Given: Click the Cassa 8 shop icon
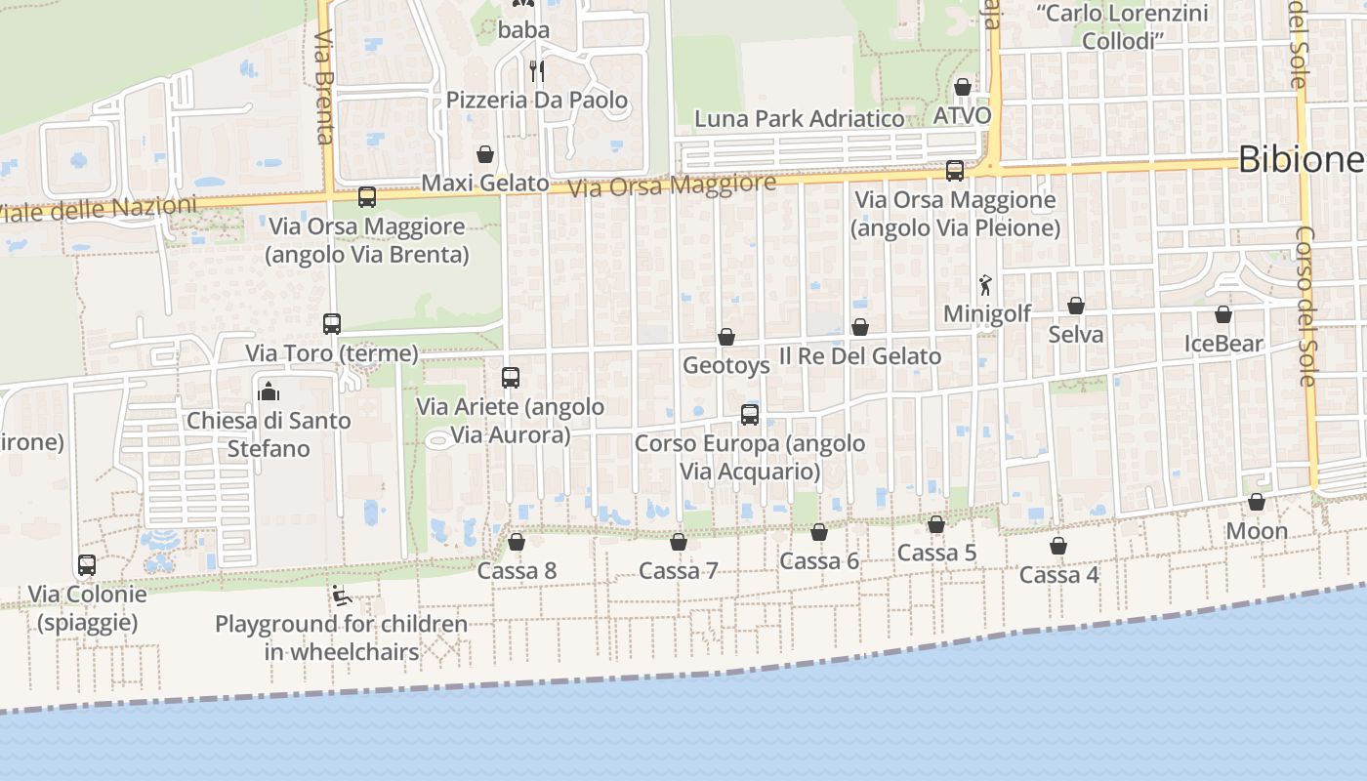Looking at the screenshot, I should click(517, 542).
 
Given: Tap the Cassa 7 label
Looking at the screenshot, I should click(679, 570).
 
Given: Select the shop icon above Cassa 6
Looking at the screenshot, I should click(819, 532).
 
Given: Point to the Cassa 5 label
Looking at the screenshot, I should click(936, 553).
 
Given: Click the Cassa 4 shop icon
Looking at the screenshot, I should click(1058, 546).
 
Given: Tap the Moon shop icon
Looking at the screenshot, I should click(1257, 502).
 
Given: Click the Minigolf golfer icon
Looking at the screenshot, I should click(985, 285).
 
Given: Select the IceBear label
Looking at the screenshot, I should click(1223, 344).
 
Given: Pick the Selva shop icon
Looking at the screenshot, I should click(1076, 306).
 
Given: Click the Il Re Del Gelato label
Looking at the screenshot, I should click(860, 355).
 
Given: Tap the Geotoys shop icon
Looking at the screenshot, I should click(726, 337).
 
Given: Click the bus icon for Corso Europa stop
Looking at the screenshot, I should click(750, 414).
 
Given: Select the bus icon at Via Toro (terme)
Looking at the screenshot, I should click(332, 323).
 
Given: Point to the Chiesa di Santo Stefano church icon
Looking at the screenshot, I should click(269, 391).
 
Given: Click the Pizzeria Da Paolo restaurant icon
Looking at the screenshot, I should click(536, 70).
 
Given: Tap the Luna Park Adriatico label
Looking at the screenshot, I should click(799, 119).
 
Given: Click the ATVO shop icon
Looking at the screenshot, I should click(963, 87).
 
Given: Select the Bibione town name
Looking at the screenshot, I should click(1300, 159).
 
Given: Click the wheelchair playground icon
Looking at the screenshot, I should click(341, 596).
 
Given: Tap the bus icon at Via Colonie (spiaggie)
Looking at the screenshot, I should click(87, 565).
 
